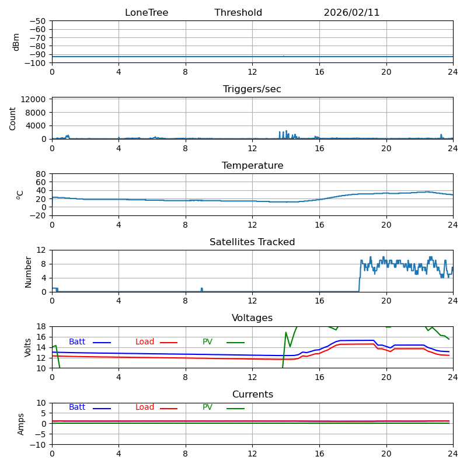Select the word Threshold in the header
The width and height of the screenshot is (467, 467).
click(x=238, y=13)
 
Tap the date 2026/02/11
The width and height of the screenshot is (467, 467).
click(x=351, y=13)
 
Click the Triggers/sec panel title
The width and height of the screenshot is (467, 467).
click(x=252, y=89)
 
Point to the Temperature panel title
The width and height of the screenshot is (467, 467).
click(x=252, y=166)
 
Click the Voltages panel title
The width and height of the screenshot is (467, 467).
click(x=252, y=318)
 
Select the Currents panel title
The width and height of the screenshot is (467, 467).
click(x=252, y=395)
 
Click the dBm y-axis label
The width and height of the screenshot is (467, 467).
click(x=16, y=42)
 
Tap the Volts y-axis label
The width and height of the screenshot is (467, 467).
click(x=28, y=347)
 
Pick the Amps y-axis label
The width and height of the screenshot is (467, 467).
click(x=21, y=424)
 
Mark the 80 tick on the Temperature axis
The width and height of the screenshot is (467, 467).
click(x=41, y=174)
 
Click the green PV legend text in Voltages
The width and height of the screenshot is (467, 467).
click(x=208, y=342)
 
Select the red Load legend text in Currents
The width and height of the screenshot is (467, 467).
click(x=145, y=407)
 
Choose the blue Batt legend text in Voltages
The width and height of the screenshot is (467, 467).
click(x=77, y=342)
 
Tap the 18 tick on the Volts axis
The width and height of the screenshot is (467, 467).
click(x=42, y=326)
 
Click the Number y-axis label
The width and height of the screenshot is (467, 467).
click(x=28, y=271)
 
